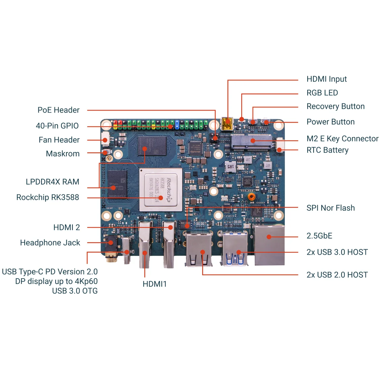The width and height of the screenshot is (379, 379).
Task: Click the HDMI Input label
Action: pyautogui.click(x=326, y=79)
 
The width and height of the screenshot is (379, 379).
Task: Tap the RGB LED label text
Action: pyautogui.click(x=322, y=93)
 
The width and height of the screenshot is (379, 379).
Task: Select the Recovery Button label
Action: pyautogui.click(x=335, y=106)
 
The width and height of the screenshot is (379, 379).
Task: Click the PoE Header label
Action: pyautogui.click(x=58, y=110)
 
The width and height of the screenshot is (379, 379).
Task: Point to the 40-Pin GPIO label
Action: pyautogui.click(x=57, y=126)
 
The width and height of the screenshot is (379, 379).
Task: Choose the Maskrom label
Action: pyautogui.click(x=63, y=154)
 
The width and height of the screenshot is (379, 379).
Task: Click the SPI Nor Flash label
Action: pyautogui.click(x=330, y=208)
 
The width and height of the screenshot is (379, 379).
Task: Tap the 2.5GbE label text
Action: pyautogui.click(x=319, y=236)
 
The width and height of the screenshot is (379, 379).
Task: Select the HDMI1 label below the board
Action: pyautogui.click(x=154, y=284)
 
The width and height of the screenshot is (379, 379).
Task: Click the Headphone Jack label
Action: pyautogui.click(x=50, y=243)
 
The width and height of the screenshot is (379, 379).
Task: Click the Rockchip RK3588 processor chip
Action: pyautogui.click(x=161, y=190)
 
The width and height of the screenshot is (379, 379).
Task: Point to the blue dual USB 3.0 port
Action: pyautogui.click(x=235, y=248)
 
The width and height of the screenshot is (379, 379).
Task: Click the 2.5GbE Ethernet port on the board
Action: pyautogui.click(x=270, y=245)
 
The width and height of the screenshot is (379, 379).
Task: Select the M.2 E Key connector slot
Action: pyautogui.click(x=251, y=142)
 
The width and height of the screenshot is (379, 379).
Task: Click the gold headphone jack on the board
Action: pyautogui.click(x=111, y=251)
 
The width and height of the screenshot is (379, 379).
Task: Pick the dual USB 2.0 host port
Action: pyautogui.click(x=199, y=248)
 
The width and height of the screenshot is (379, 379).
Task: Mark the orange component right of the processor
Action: pyautogui.click(x=251, y=196)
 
